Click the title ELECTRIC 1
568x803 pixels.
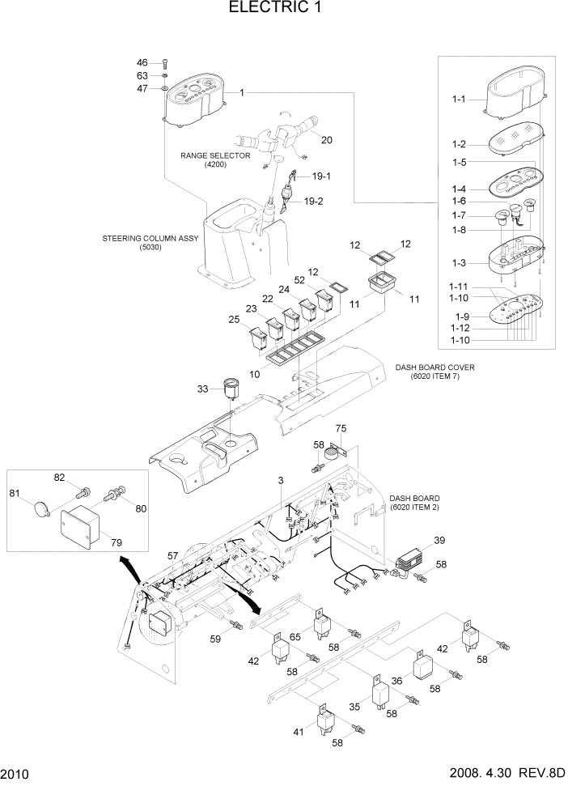point(282,10)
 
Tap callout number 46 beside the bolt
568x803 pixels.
point(142,62)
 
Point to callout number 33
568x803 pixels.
point(203,389)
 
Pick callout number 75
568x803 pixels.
point(341,428)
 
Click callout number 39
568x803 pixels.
point(439,540)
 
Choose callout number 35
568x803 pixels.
point(354,707)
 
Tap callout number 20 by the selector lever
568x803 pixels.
point(326,139)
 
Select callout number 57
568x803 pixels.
point(172,556)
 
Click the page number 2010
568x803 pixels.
point(16,775)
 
